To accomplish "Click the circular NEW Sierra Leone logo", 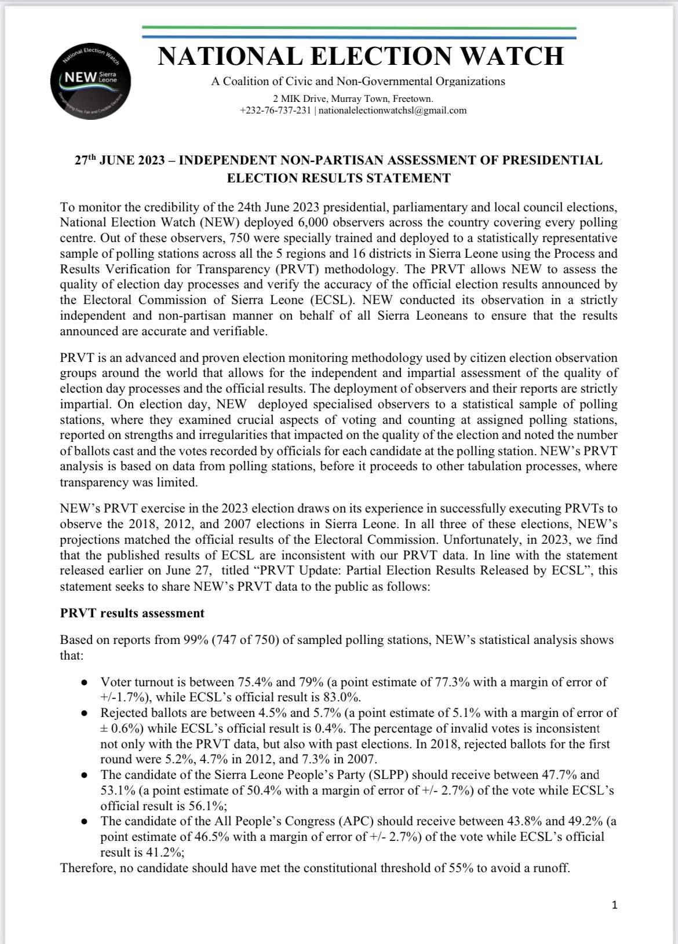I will coord(91,81).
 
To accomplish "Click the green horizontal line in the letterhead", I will coord(359,27).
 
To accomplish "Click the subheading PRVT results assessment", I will coord(132,613).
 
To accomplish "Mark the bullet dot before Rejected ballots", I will coord(85,714).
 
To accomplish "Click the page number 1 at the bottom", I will coord(614,905).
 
